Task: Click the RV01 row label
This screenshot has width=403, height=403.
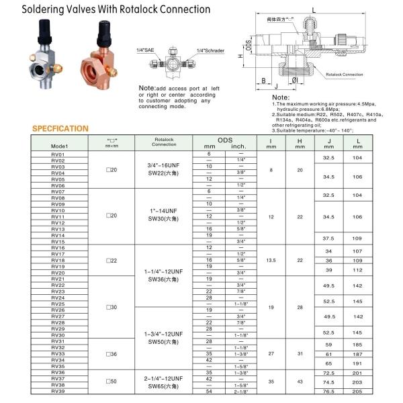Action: point(58,154)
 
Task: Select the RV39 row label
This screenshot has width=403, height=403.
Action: point(58,391)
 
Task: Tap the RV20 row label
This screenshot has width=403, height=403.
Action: point(58,273)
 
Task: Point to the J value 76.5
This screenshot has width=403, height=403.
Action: point(329,391)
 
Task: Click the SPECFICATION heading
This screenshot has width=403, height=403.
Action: point(60,128)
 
